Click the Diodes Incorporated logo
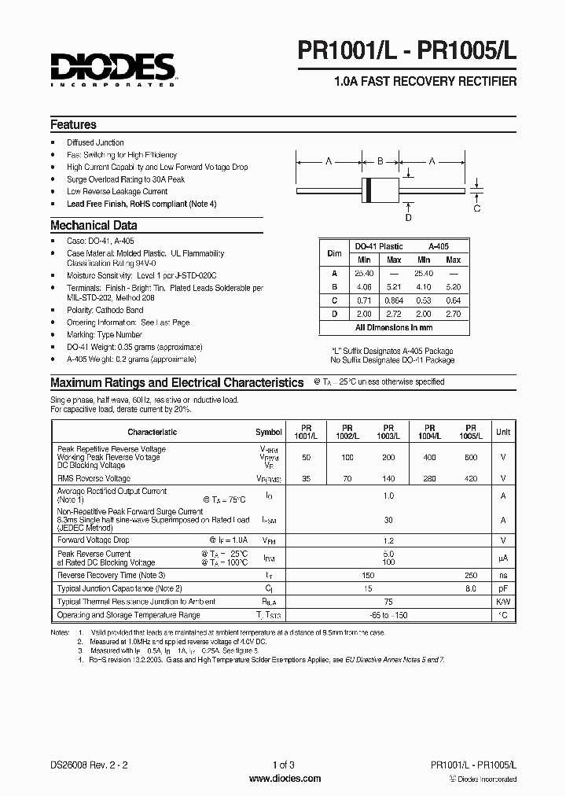point(112,69)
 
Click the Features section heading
point(73,124)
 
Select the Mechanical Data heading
point(94,226)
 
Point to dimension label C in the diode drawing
point(477,208)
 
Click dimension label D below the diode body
point(408,217)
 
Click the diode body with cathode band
point(380,190)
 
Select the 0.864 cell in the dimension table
point(394,300)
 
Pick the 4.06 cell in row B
point(364,286)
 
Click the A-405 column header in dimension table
point(438,245)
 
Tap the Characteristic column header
point(152,432)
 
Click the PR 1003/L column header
point(388,432)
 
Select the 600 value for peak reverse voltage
point(470,457)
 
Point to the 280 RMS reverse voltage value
point(429,478)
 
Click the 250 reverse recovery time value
point(470,575)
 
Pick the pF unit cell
point(502,588)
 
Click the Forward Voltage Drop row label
point(94,540)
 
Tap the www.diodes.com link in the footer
point(284,779)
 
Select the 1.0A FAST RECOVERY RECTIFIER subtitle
point(425,81)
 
